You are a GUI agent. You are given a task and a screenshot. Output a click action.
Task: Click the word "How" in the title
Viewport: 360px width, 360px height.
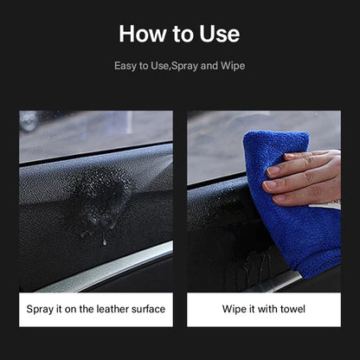[143, 34]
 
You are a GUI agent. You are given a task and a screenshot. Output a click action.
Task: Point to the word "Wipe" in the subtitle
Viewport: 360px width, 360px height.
[233, 66]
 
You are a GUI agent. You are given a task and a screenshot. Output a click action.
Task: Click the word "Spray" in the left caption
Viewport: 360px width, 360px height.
[40, 310]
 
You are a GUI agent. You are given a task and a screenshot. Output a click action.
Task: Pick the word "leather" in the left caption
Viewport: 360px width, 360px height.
[112, 309]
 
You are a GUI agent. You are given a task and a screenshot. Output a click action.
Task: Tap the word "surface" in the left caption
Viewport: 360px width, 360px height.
[148, 309]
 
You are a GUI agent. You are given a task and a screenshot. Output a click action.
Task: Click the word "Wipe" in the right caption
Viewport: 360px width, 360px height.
[235, 309]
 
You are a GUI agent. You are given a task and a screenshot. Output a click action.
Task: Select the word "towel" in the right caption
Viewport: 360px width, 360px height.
[292, 309]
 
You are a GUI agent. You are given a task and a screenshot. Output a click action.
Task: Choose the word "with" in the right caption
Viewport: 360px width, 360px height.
[267, 309]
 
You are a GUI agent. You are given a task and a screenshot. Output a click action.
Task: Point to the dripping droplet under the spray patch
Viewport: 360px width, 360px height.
[105, 241]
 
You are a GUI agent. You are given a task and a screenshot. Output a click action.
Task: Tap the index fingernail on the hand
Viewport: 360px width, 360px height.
[272, 170]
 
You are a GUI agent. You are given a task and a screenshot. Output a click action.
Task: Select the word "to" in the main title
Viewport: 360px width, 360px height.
[183, 35]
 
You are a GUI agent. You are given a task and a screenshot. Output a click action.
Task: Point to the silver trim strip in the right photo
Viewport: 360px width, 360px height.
[274, 282]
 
